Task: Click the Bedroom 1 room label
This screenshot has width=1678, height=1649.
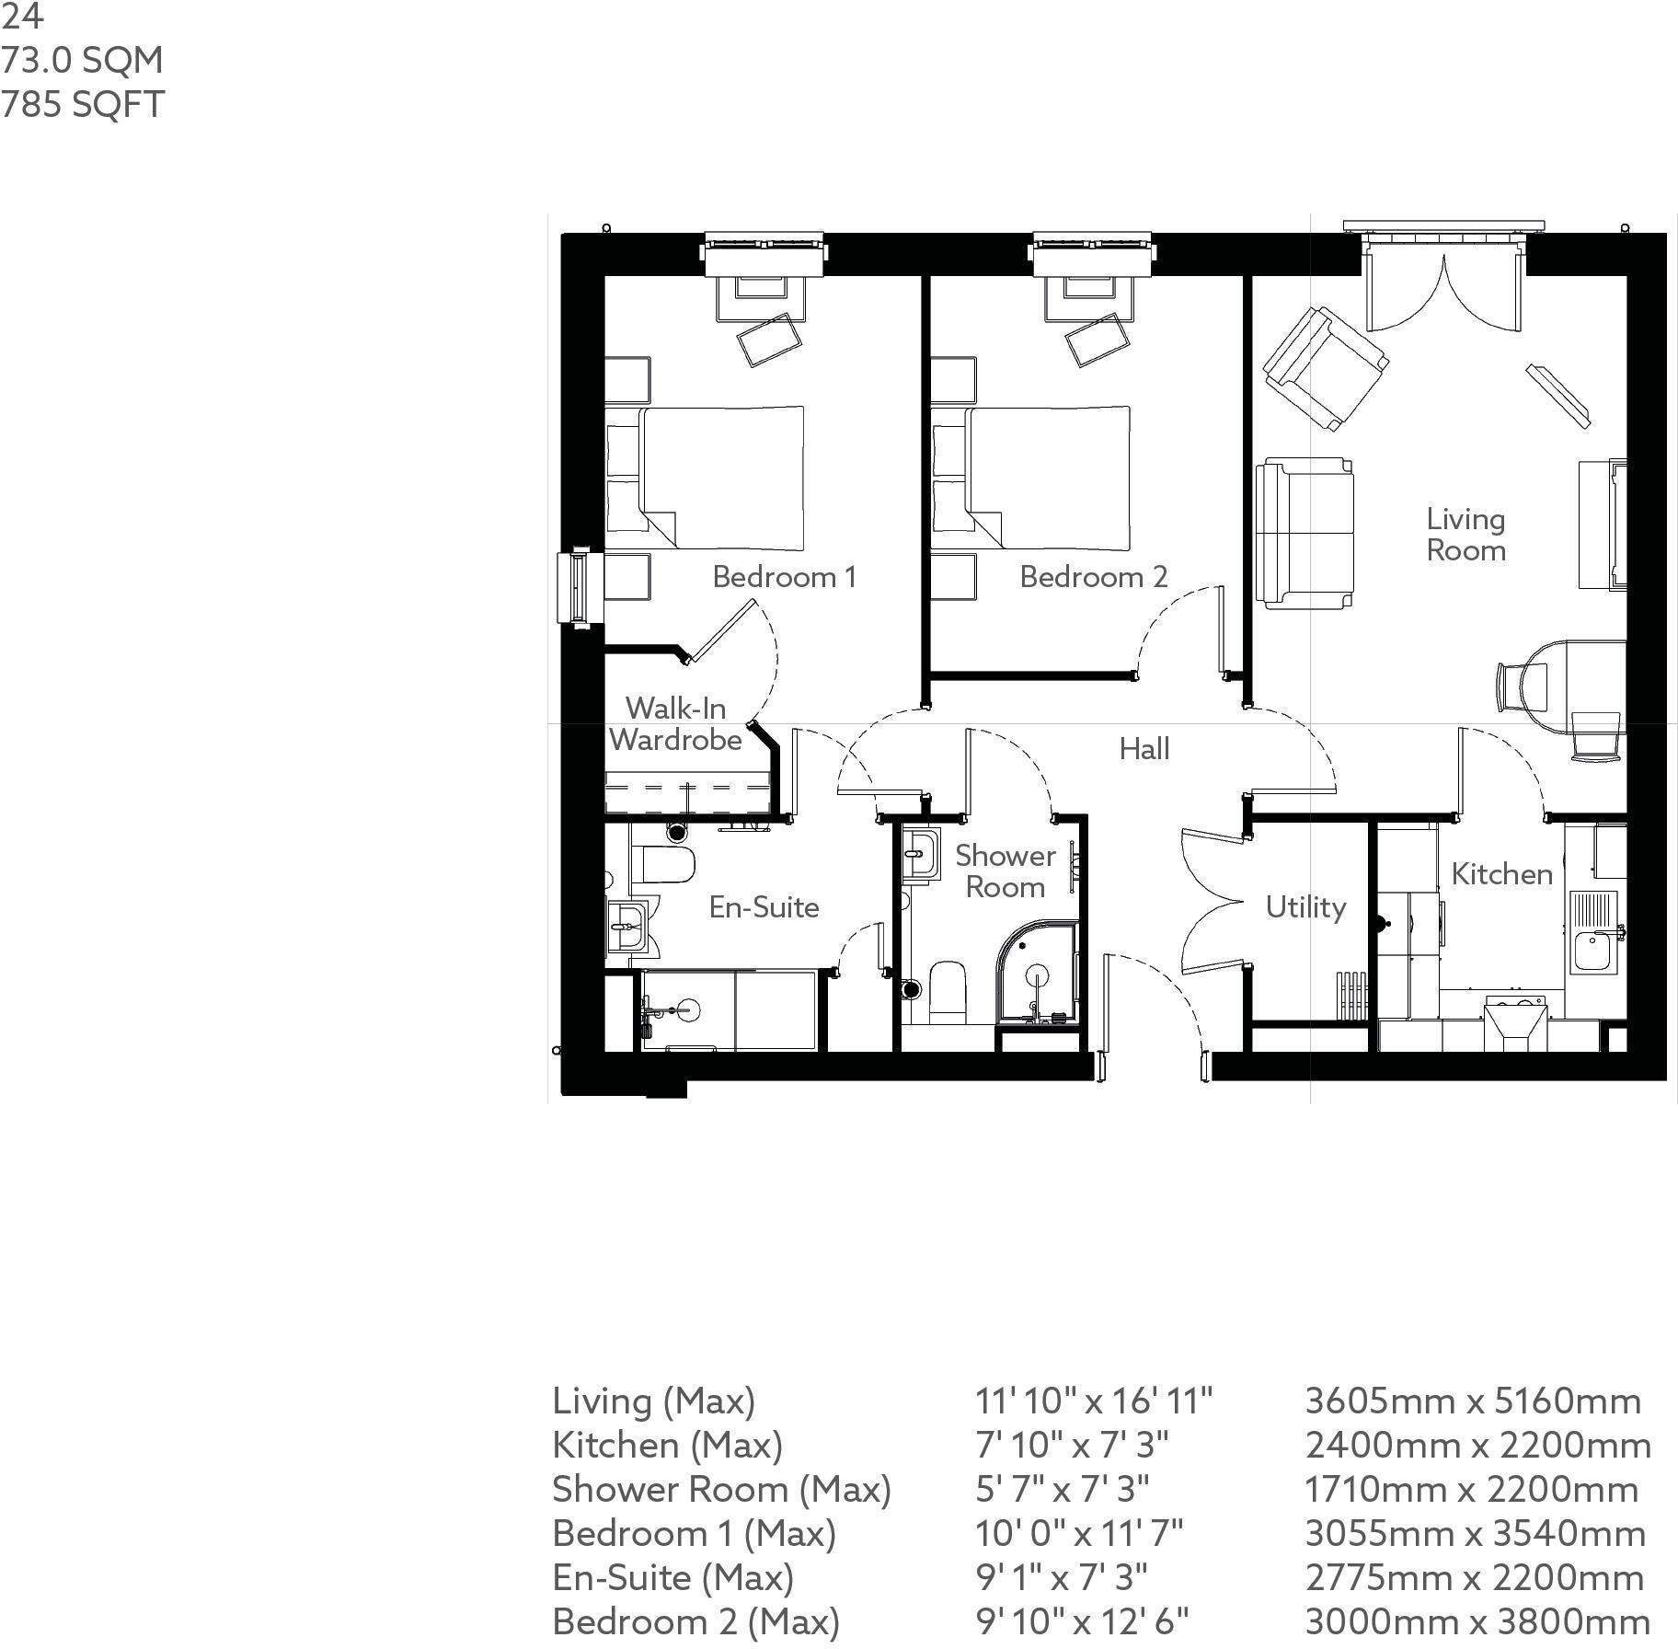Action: point(784,577)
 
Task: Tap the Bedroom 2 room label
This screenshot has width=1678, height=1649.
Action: point(1093,577)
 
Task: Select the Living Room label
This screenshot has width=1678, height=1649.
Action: point(1465,535)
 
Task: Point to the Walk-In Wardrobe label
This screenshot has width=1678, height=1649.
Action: point(675,724)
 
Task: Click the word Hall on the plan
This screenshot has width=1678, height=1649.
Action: point(1144,749)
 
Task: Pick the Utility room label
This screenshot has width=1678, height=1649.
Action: point(1304,907)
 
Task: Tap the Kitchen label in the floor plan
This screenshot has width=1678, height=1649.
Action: point(1501,874)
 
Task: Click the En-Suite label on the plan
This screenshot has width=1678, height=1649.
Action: point(764,907)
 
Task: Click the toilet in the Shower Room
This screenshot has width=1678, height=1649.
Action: point(947,992)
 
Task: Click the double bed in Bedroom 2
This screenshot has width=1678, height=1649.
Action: point(1040,478)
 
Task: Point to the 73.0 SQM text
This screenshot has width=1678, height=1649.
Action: point(82,61)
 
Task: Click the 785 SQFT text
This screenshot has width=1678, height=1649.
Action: point(83,105)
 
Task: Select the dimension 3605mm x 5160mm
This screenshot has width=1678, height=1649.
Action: point(1472,1401)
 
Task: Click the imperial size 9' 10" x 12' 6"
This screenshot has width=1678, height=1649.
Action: point(1081,1621)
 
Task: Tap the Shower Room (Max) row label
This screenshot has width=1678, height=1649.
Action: point(721,1489)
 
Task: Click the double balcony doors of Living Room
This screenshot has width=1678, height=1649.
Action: point(1442,285)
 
